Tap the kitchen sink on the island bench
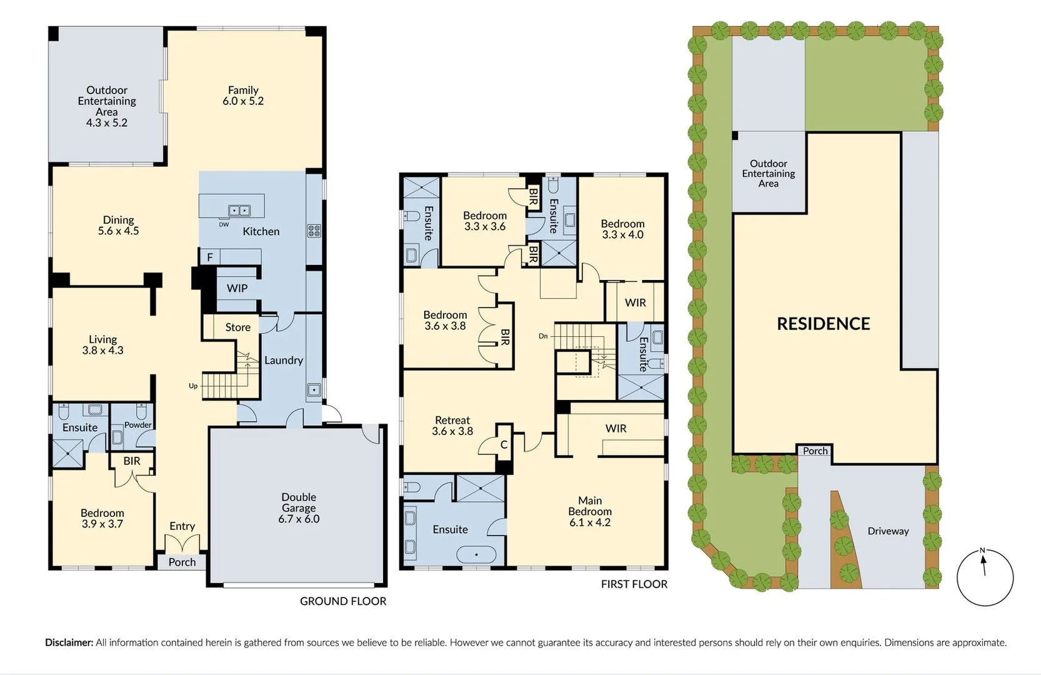point(239,211)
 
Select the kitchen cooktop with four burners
point(314,231)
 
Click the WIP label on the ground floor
point(237,288)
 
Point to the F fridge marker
point(210,257)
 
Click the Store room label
point(237,327)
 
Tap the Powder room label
point(138,425)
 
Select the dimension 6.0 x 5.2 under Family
point(243,101)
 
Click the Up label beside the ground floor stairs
point(193,386)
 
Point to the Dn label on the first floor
point(543,336)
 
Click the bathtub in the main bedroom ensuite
point(476,554)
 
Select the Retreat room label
point(452,420)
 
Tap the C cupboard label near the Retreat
point(504,445)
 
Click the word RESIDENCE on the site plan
point(823,324)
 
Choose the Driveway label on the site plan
point(888,531)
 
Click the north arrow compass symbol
point(985,577)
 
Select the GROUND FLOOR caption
point(343,601)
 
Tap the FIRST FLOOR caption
point(634,584)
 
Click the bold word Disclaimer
point(69,642)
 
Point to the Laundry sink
point(314,391)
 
